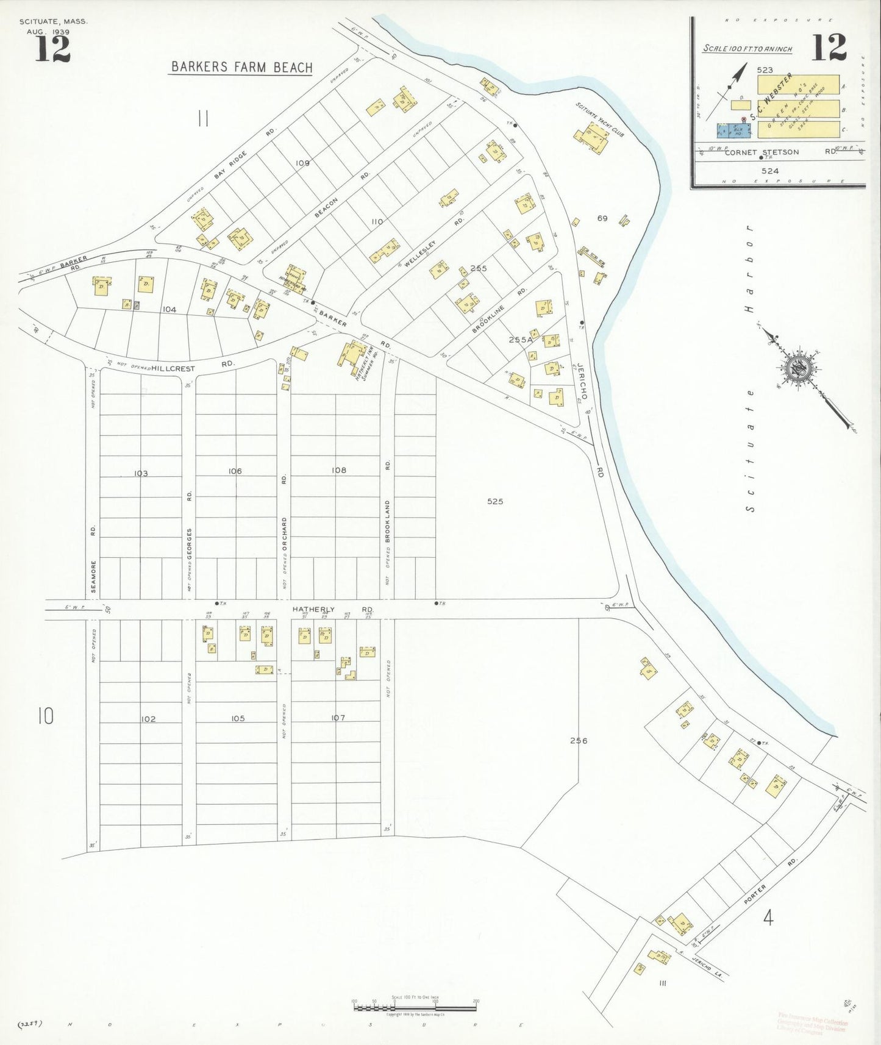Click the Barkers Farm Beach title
pyautogui.click(x=241, y=67)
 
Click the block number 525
pyautogui.click(x=495, y=501)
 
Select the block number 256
pyautogui.click(x=579, y=741)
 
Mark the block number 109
pyautogui.click(x=302, y=163)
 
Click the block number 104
pyautogui.click(x=169, y=310)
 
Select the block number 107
pyautogui.click(x=338, y=718)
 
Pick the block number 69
pyautogui.click(x=602, y=218)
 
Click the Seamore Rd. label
pyautogui.click(x=93, y=558)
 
